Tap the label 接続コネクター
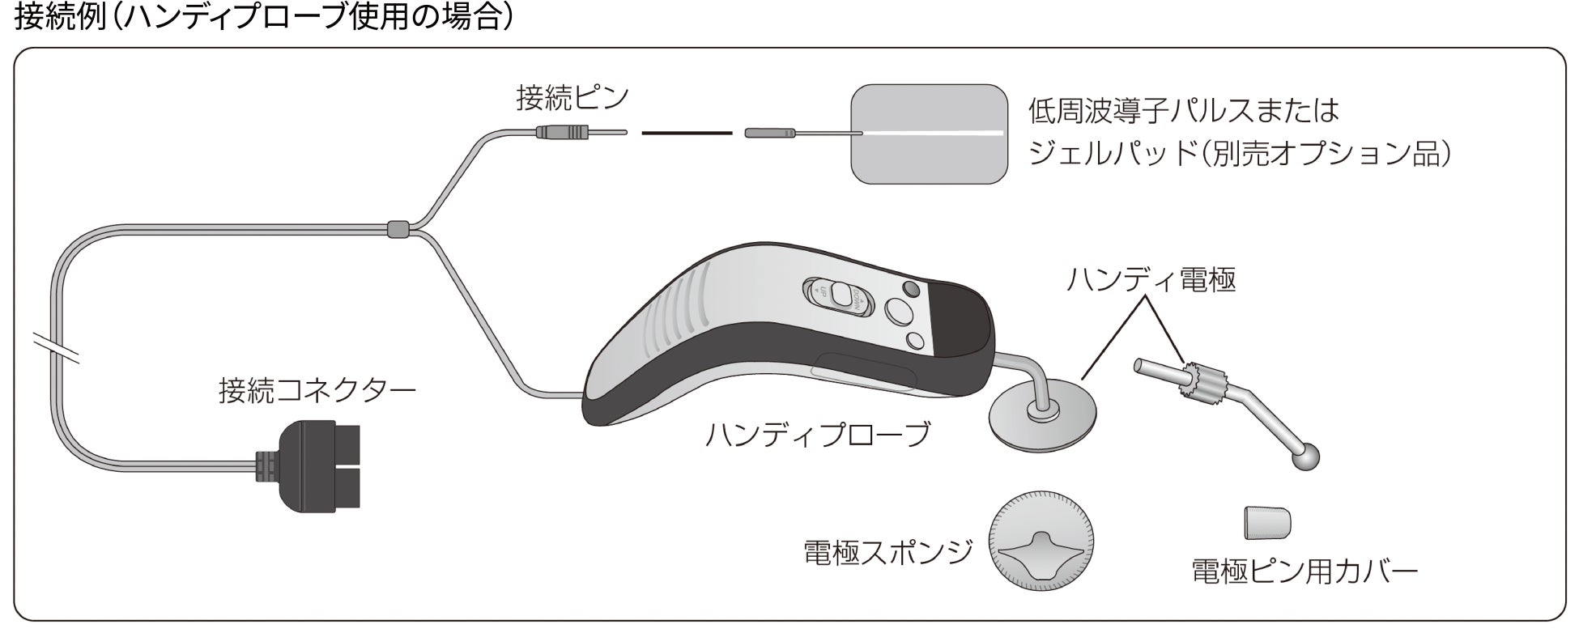pyautogui.click(x=317, y=392)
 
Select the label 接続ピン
pyautogui.click(x=572, y=99)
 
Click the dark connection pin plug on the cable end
pyautogui.click(x=564, y=131)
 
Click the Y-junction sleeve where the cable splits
pyautogui.click(x=396, y=229)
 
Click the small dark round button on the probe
pyautogui.click(x=910, y=288)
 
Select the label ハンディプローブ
pyautogui.click(x=818, y=435)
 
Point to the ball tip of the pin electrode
pyautogui.click(x=1306, y=457)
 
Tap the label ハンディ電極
pyautogui.click(x=1151, y=280)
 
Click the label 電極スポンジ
pyautogui.click(x=887, y=552)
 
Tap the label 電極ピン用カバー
pyautogui.click(x=1304, y=572)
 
